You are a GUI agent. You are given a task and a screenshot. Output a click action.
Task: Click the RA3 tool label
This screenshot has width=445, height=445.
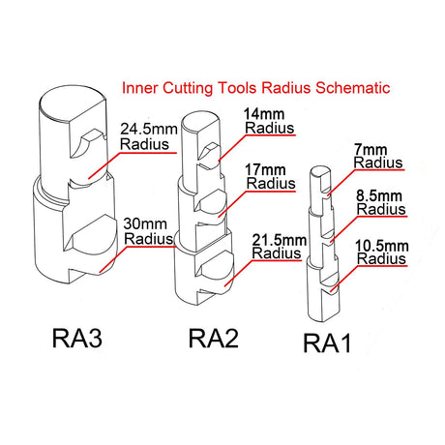coord(77,338)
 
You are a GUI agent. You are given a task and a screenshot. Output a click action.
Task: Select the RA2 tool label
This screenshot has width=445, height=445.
coord(214,338)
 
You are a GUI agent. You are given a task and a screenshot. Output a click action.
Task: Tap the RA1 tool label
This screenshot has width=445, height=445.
coord(327,343)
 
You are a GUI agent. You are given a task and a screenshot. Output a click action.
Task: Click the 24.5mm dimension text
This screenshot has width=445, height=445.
coord(149,130)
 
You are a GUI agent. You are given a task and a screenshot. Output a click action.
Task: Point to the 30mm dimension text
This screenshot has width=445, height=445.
coord(145,223)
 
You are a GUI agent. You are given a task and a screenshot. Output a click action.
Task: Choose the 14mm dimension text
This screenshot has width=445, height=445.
coord(264,114)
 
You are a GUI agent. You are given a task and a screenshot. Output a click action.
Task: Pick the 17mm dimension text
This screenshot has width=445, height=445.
coord(265,170)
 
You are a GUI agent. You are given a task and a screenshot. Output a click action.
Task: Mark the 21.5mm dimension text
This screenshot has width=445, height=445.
coord(280,240)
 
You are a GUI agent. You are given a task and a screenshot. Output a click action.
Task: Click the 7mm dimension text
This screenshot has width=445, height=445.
coord(371,150)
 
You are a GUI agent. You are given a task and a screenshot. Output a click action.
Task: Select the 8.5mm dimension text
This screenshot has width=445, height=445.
coord(379,196)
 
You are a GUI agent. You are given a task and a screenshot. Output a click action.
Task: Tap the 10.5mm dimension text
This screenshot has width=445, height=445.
coord(382,247)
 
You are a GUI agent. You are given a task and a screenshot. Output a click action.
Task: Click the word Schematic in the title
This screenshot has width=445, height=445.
coord(353,88)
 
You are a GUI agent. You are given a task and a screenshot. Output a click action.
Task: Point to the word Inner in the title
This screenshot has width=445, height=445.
coord(140,88)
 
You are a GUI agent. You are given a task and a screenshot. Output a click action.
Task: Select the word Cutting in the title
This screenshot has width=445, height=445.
coord(188,89)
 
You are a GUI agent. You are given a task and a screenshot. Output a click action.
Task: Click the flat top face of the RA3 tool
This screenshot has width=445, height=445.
coord(73,103)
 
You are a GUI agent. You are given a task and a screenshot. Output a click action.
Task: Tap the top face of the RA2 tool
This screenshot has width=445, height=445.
coord(200,122)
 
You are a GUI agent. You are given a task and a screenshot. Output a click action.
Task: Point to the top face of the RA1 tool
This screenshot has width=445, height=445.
coord(320,172)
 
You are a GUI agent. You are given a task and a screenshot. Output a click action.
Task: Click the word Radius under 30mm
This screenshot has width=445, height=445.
coord(149,239)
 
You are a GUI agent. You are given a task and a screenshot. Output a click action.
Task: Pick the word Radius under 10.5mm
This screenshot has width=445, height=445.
coord(382,258)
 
